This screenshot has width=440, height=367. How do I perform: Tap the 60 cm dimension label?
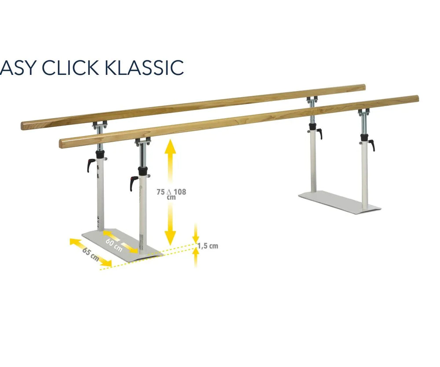[x=114, y=245]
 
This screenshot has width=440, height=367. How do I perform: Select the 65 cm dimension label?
[x=91, y=254]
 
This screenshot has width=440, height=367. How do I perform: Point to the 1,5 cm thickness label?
[x=208, y=246]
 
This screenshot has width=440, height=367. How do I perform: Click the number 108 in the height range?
[x=180, y=192]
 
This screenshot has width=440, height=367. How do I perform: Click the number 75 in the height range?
[x=161, y=192]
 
